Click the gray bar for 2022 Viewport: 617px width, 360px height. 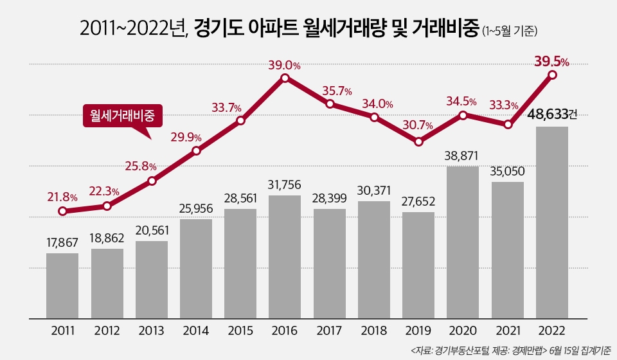[551, 222]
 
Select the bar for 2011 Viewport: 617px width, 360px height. [62, 285]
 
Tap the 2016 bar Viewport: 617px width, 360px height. [285, 256]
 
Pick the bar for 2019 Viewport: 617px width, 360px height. [418, 264]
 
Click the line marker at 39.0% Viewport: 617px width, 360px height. [285, 78]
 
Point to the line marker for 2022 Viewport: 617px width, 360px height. [551, 75]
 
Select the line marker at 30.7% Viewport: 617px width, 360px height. [418, 141]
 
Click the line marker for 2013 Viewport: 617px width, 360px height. [152, 181]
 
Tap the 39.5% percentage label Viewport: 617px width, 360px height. [551, 62]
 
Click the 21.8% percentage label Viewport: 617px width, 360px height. [62, 197]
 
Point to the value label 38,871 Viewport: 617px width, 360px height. [463, 155]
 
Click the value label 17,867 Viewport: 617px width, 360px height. [62, 242]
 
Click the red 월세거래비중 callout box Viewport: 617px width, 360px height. [123, 115]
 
